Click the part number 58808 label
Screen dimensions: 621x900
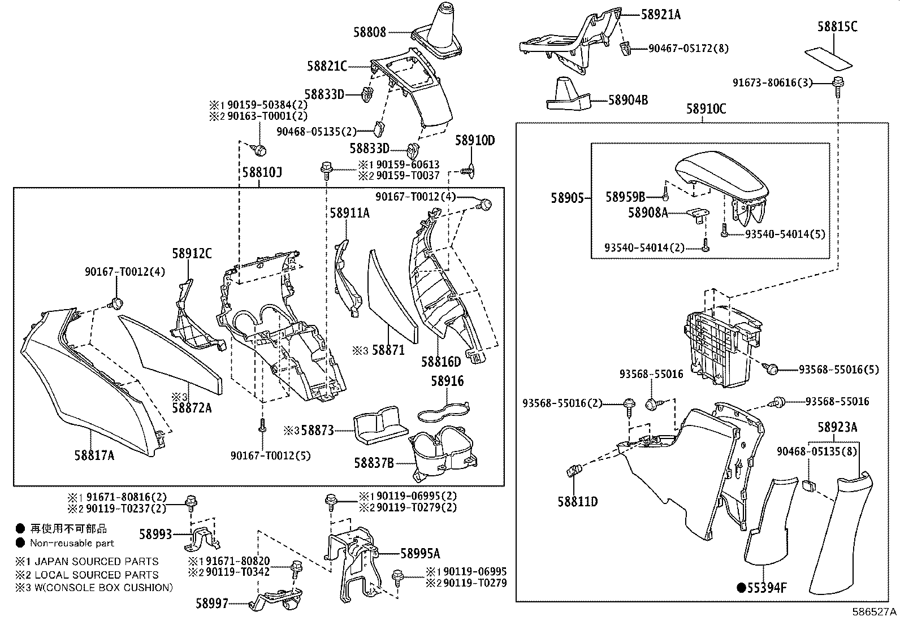tap(370, 32)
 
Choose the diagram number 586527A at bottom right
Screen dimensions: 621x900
tap(875, 612)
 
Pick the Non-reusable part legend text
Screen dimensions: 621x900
tap(72, 543)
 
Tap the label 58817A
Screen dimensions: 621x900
tap(94, 454)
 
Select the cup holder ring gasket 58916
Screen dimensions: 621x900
tap(444, 412)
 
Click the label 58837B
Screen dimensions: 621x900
tap(374, 463)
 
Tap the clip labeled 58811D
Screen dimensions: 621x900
tap(574, 469)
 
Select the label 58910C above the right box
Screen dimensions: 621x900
tap(706, 108)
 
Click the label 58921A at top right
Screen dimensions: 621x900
tap(660, 15)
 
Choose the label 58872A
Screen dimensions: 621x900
tap(192, 407)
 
